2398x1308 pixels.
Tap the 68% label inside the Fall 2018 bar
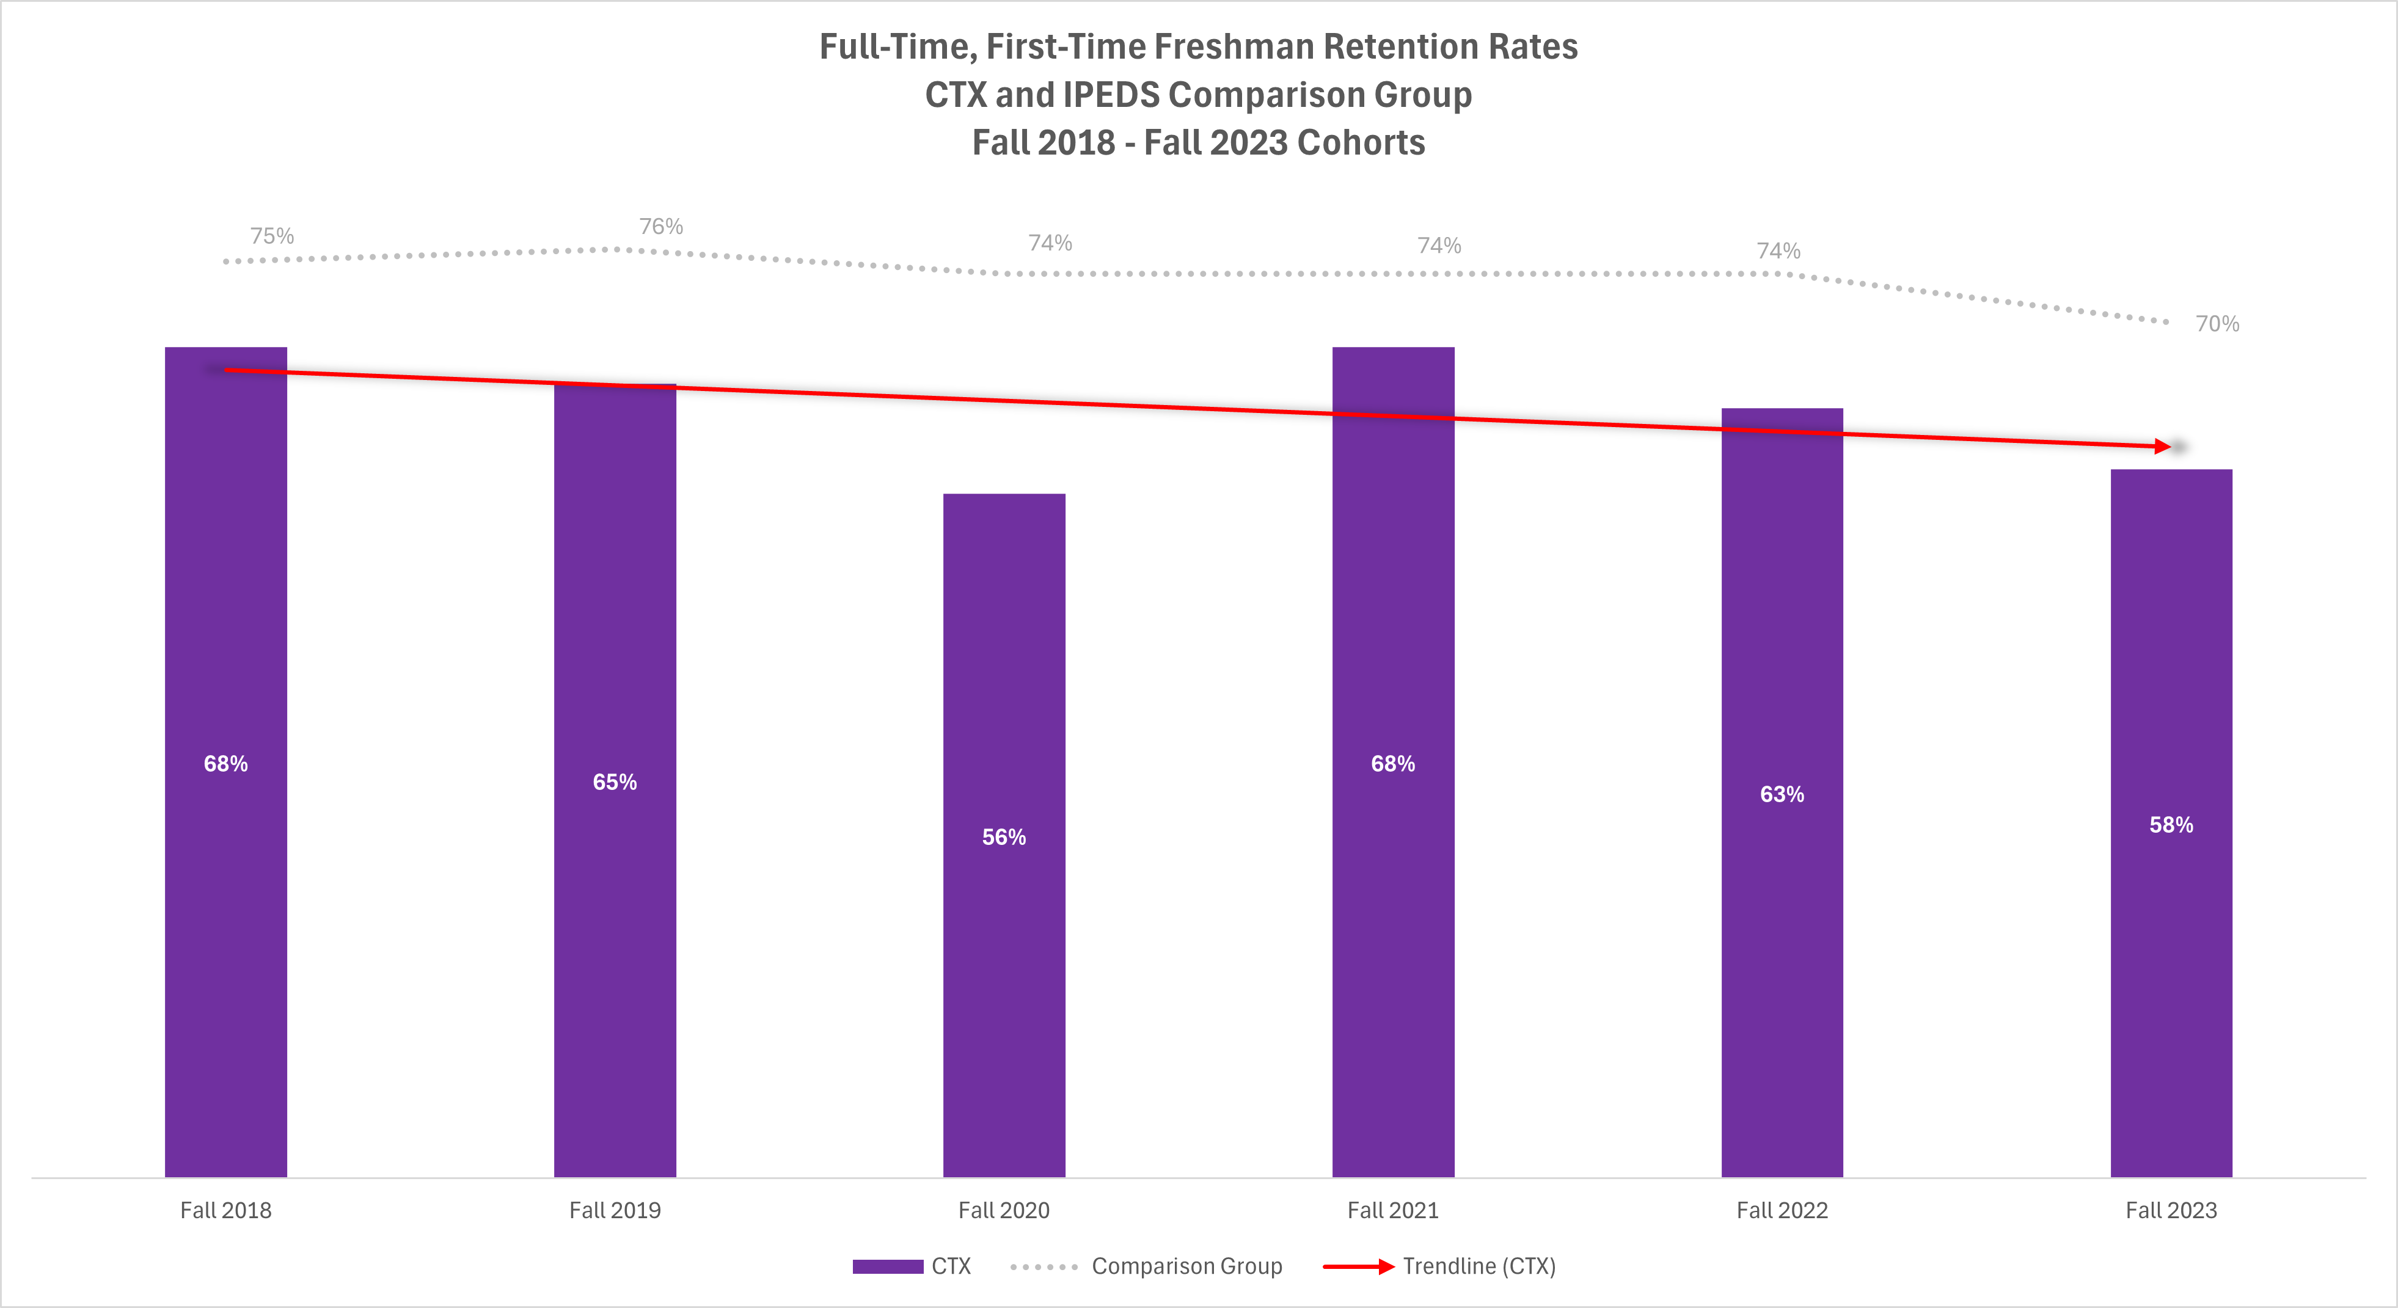pyautogui.click(x=225, y=764)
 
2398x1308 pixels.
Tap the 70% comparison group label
pyautogui.click(x=2217, y=324)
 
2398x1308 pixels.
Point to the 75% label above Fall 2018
pyautogui.click(x=272, y=236)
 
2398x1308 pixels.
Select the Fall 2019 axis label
pyautogui.click(x=615, y=1210)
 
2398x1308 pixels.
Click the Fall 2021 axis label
pyautogui.click(x=1392, y=1210)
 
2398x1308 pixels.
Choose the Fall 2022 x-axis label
pyautogui.click(x=1782, y=1210)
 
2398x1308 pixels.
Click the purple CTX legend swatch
pyautogui.click(x=887, y=1266)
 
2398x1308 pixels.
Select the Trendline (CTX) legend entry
pyautogui.click(x=1479, y=1266)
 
